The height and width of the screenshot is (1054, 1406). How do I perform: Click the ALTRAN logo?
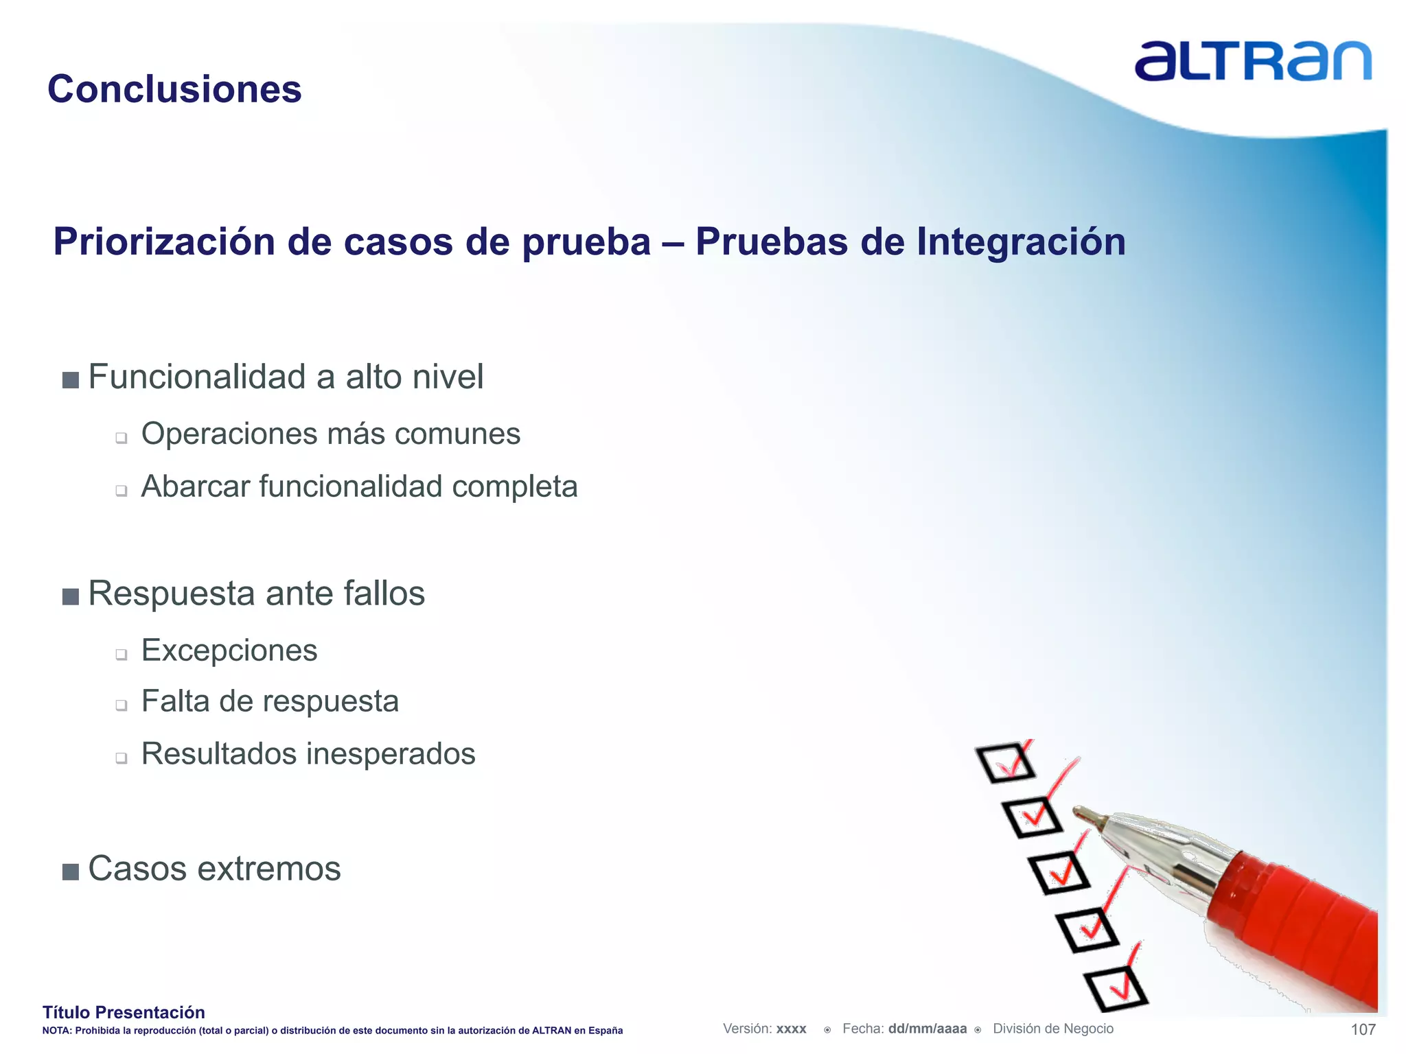pos(1252,62)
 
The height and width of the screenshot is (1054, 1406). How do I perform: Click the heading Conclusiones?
pos(174,89)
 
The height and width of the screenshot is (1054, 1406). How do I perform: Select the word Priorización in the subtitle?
pos(164,242)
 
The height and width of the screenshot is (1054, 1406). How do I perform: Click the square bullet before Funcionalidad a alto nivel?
pos(70,379)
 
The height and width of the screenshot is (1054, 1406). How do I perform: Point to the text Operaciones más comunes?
pos(330,434)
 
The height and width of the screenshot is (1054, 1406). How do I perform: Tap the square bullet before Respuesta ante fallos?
pos(70,596)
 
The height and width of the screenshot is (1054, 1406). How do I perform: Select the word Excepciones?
pos(229,650)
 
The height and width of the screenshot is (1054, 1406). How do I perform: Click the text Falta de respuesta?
pos(269,701)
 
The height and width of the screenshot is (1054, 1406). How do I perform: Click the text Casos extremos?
pos(214,869)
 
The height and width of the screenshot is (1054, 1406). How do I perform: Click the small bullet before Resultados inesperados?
pos(122,758)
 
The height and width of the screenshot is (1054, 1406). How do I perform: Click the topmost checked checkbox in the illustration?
pos(1006,762)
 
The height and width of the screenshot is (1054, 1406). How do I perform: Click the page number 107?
pos(1362,1029)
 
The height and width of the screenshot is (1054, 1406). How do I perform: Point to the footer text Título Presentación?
pos(124,1012)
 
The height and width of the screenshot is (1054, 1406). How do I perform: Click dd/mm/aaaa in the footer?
pos(927,1029)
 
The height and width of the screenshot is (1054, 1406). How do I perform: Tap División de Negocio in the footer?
pos(1052,1029)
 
